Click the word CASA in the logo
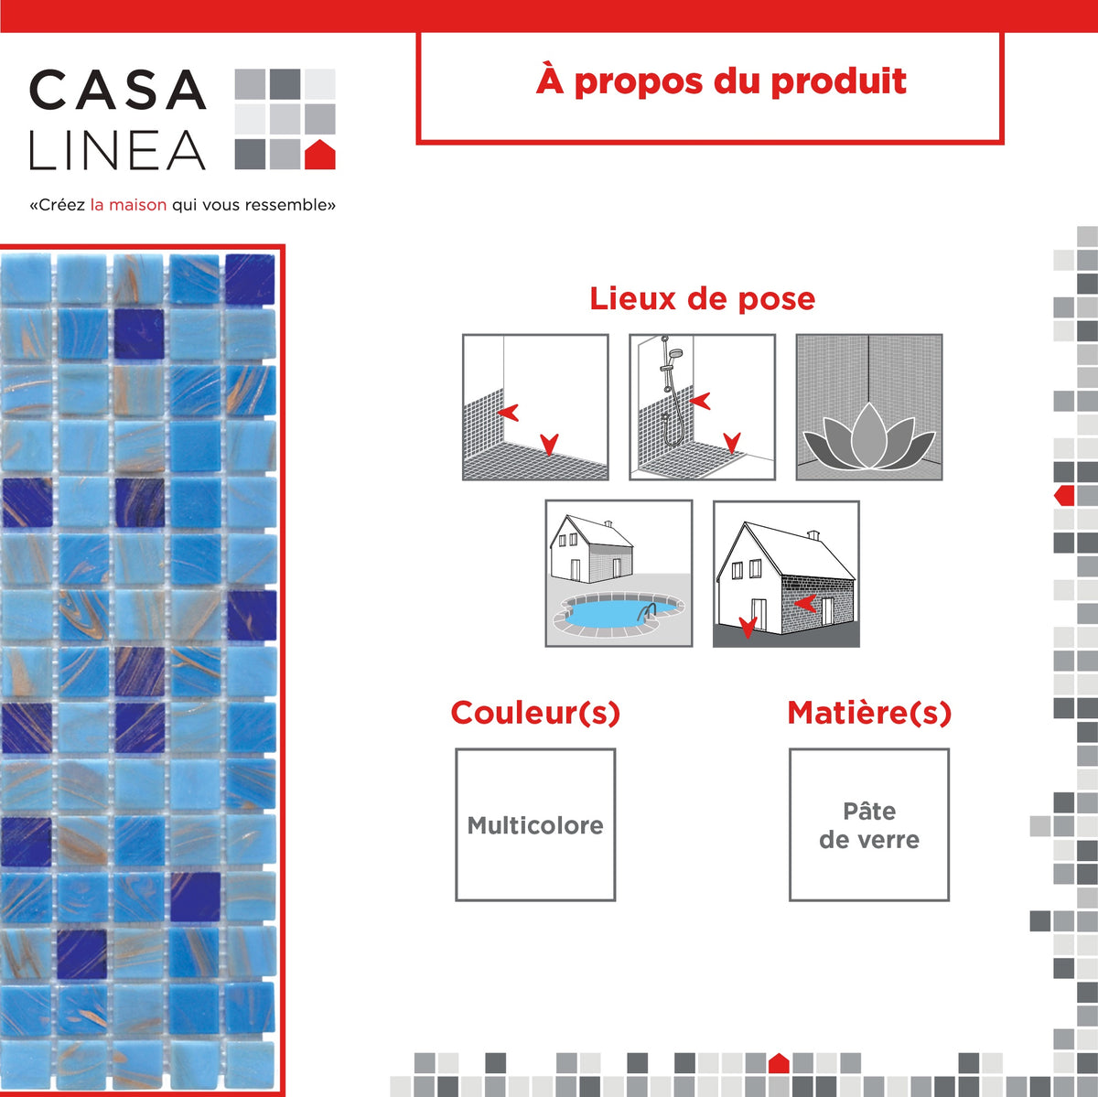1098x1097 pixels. click(117, 91)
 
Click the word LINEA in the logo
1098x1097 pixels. click(117, 151)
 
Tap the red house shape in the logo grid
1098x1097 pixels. click(319, 155)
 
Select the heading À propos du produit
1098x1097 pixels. click(721, 81)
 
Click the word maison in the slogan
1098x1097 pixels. click(137, 205)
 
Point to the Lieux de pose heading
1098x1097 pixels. click(702, 298)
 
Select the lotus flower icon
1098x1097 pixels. click(868, 441)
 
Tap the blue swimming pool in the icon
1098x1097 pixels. click(606, 611)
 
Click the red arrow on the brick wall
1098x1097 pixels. click(805, 603)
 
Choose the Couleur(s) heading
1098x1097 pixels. click(535, 713)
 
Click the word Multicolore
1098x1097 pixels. click(535, 825)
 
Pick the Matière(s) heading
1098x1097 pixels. click(869, 713)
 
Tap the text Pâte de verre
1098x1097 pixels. click(869, 825)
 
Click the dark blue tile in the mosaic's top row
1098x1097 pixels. click(250, 279)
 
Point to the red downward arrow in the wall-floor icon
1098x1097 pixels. click(549, 445)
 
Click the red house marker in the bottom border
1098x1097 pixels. click(779, 1063)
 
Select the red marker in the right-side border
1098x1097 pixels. click(1064, 496)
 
